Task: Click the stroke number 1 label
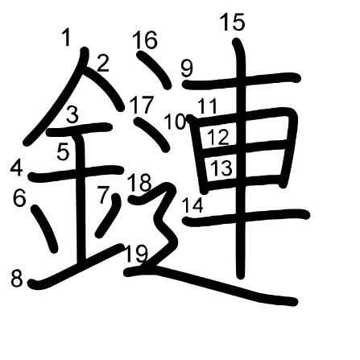click(x=66, y=38)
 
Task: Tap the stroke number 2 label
click(x=102, y=64)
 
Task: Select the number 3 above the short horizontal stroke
click(x=72, y=114)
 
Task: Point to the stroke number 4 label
click(x=16, y=168)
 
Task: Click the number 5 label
click(x=63, y=152)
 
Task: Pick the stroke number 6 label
click(x=19, y=198)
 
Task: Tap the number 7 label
click(x=104, y=195)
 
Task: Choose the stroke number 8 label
click(x=17, y=279)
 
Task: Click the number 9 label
click(x=187, y=68)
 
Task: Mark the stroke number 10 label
click(x=175, y=122)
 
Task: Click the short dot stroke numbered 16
click(x=153, y=70)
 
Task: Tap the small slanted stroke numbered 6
click(x=44, y=229)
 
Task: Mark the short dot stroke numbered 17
click(x=151, y=134)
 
